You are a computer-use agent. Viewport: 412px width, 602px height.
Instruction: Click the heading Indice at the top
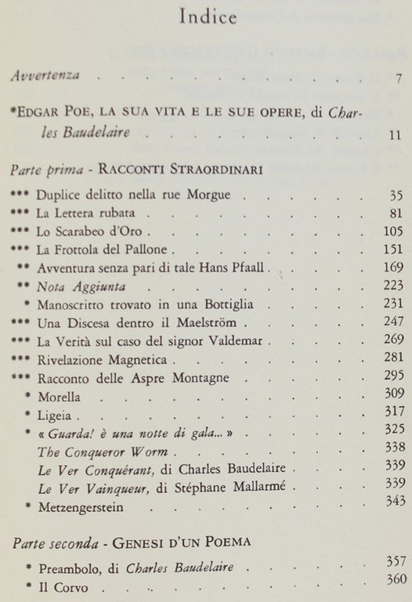208,16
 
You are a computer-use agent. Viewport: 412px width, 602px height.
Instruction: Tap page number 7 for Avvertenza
399,78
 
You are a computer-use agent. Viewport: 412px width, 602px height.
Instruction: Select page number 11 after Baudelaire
395,133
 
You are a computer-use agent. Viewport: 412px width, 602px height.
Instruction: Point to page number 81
395,213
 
